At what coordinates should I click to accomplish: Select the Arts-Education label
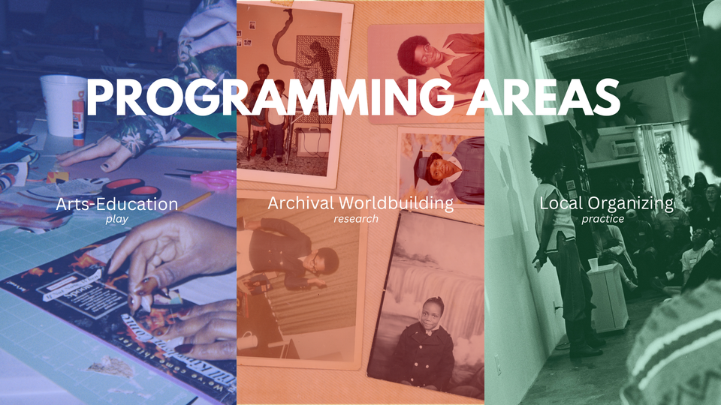[116, 203]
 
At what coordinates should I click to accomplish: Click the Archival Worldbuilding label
[360, 203]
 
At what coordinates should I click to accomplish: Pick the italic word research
[356, 219]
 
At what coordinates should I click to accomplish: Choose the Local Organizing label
[606, 203]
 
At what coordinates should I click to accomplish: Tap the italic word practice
[602, 219]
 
